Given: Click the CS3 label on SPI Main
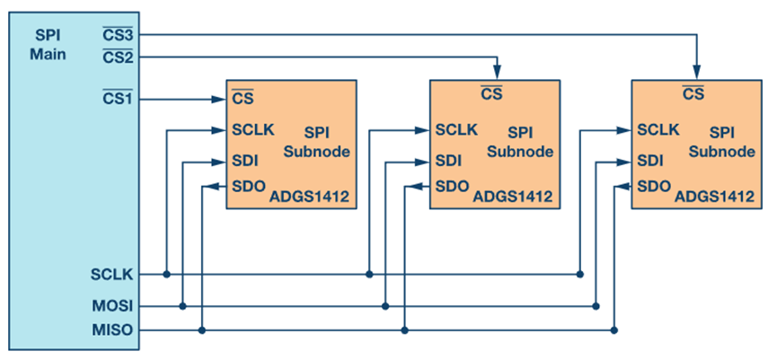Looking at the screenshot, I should pos(119,35).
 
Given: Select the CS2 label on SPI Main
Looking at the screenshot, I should pos(119,57).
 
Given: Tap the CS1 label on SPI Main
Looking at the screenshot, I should pos(118,97).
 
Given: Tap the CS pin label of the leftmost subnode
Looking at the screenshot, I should pos(242,98).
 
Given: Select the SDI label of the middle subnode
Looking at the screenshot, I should pos(448,162).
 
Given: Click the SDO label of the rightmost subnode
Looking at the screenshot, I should pos(653,187).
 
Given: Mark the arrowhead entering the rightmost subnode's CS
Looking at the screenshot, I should pos(696,74).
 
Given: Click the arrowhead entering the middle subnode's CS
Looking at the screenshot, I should pos(496,74).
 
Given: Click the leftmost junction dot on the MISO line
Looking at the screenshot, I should pos(202,330).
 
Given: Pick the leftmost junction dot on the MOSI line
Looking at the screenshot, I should pos(182,306).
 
